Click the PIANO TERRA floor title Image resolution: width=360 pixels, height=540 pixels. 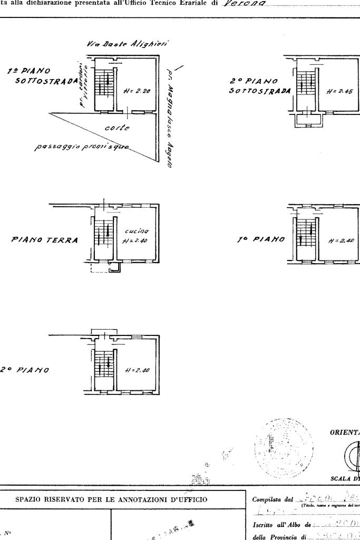coord(44,240)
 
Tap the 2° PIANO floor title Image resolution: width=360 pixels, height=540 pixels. coord(25,370)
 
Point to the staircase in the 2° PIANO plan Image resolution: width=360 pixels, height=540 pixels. coord(104,363)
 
